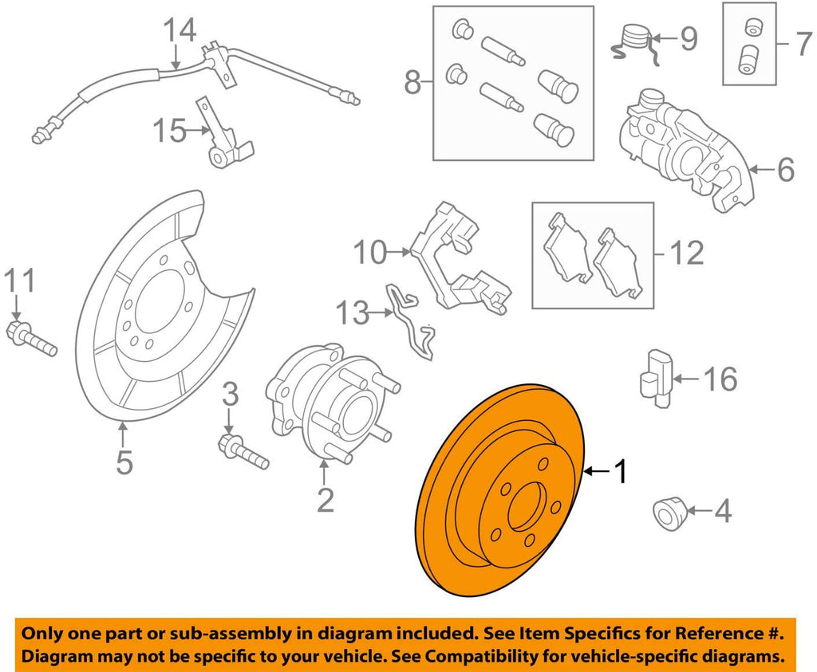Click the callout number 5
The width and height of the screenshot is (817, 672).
pyautogui.click(x=124, y=462)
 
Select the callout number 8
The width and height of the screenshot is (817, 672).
pyautogui.click(x=412, y=81)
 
